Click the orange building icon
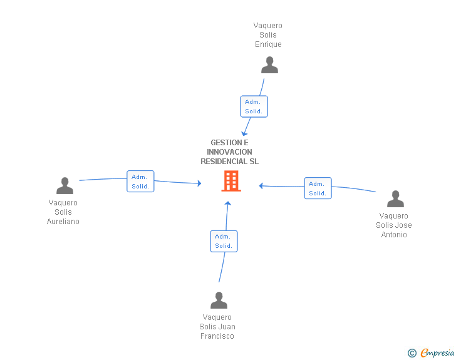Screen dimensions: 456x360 pos(231,181)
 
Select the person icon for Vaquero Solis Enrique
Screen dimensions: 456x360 pos(269,65)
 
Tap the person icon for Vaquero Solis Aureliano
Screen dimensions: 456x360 pos(65,185)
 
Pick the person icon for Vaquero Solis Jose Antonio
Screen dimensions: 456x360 pos(395,199)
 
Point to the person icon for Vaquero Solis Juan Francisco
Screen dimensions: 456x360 pos(219,300)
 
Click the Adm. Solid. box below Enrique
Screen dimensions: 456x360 pos(254,106)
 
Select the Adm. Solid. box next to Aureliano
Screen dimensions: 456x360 pos(140,181)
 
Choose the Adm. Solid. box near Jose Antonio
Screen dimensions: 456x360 pos(318,188)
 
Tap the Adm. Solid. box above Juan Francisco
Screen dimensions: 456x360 pos(224,241)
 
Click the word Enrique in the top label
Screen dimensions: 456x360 pos(268,44)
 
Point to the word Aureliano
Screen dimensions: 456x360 pos(63,222)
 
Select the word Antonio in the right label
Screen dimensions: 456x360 pos(394,235)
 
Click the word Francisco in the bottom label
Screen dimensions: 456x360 pos(217,336)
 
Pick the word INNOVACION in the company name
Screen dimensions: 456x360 pos(229,152)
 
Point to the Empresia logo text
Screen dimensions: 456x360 pos(437,352)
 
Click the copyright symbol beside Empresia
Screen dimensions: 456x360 pos(412,353)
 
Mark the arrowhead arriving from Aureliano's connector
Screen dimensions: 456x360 pos(199,183)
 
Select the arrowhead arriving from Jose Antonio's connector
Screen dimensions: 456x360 pos(261,186)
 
